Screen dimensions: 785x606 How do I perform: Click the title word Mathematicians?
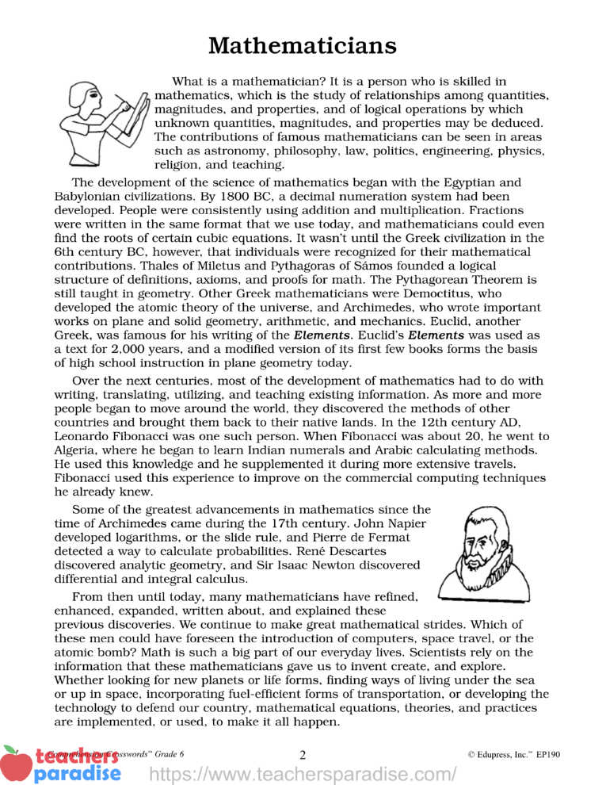click(303, 45)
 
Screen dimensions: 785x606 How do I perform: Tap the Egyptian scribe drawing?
click(103, 118)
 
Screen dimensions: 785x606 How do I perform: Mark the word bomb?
click(92, 653)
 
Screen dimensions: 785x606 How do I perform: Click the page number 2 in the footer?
click(303, 754)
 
